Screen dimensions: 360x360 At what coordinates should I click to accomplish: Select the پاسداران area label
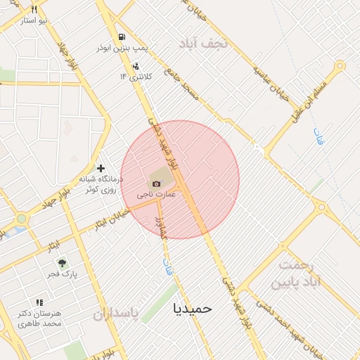[x=116, y=313]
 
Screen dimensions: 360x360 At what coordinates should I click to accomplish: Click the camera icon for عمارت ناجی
[x=156, y=184]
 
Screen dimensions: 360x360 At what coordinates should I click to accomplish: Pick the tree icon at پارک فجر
[x=62, y=262]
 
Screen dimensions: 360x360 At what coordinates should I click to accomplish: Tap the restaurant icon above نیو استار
[x=33, y=10]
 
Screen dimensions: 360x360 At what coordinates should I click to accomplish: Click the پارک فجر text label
[x=63, y=273]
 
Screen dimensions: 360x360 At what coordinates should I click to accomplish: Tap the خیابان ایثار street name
[x=112, y=218]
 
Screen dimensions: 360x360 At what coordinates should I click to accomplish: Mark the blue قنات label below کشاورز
[x=167, y=265]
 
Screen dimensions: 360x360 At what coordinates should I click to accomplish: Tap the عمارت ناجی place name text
[x=156, y=193]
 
